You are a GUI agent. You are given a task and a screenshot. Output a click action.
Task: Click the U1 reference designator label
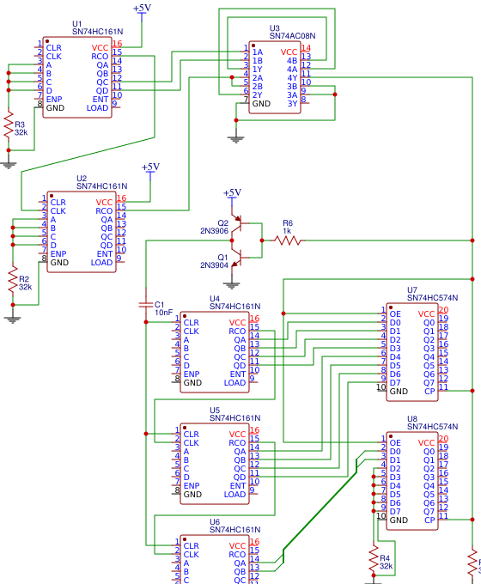pos(77,23)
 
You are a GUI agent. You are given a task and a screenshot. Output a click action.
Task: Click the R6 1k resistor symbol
pos(288,240)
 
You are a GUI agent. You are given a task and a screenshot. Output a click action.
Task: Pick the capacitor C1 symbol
pos(145,305)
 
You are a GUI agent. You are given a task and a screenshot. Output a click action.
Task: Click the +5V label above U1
pos(142,8)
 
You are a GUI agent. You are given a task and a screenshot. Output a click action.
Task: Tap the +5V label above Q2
pos(232,192)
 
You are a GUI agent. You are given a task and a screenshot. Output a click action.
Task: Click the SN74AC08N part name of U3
pos(292,36)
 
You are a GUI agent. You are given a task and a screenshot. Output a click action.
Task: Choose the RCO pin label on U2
pos(104,210)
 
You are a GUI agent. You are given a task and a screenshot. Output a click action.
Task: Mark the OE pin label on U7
pos(395,313)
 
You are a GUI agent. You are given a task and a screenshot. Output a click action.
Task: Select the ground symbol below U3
pos(236,137)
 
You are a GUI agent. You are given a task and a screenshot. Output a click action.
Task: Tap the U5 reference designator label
pos(215,411)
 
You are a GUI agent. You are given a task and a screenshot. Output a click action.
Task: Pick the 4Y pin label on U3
pos(292,77)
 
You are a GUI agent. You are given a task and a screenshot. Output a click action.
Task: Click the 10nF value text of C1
pos(163,313)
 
